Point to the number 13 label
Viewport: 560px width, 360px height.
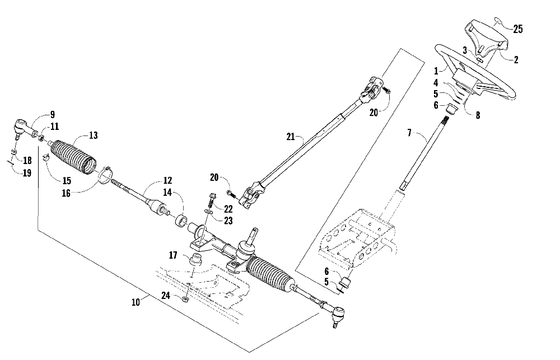coord(92,135)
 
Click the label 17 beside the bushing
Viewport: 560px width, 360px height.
coord(174,255)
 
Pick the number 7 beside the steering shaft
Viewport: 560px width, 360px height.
coord(409,133)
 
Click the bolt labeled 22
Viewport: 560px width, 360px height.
coord(212,199)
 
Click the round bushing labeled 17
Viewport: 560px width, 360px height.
coord(197,260)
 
